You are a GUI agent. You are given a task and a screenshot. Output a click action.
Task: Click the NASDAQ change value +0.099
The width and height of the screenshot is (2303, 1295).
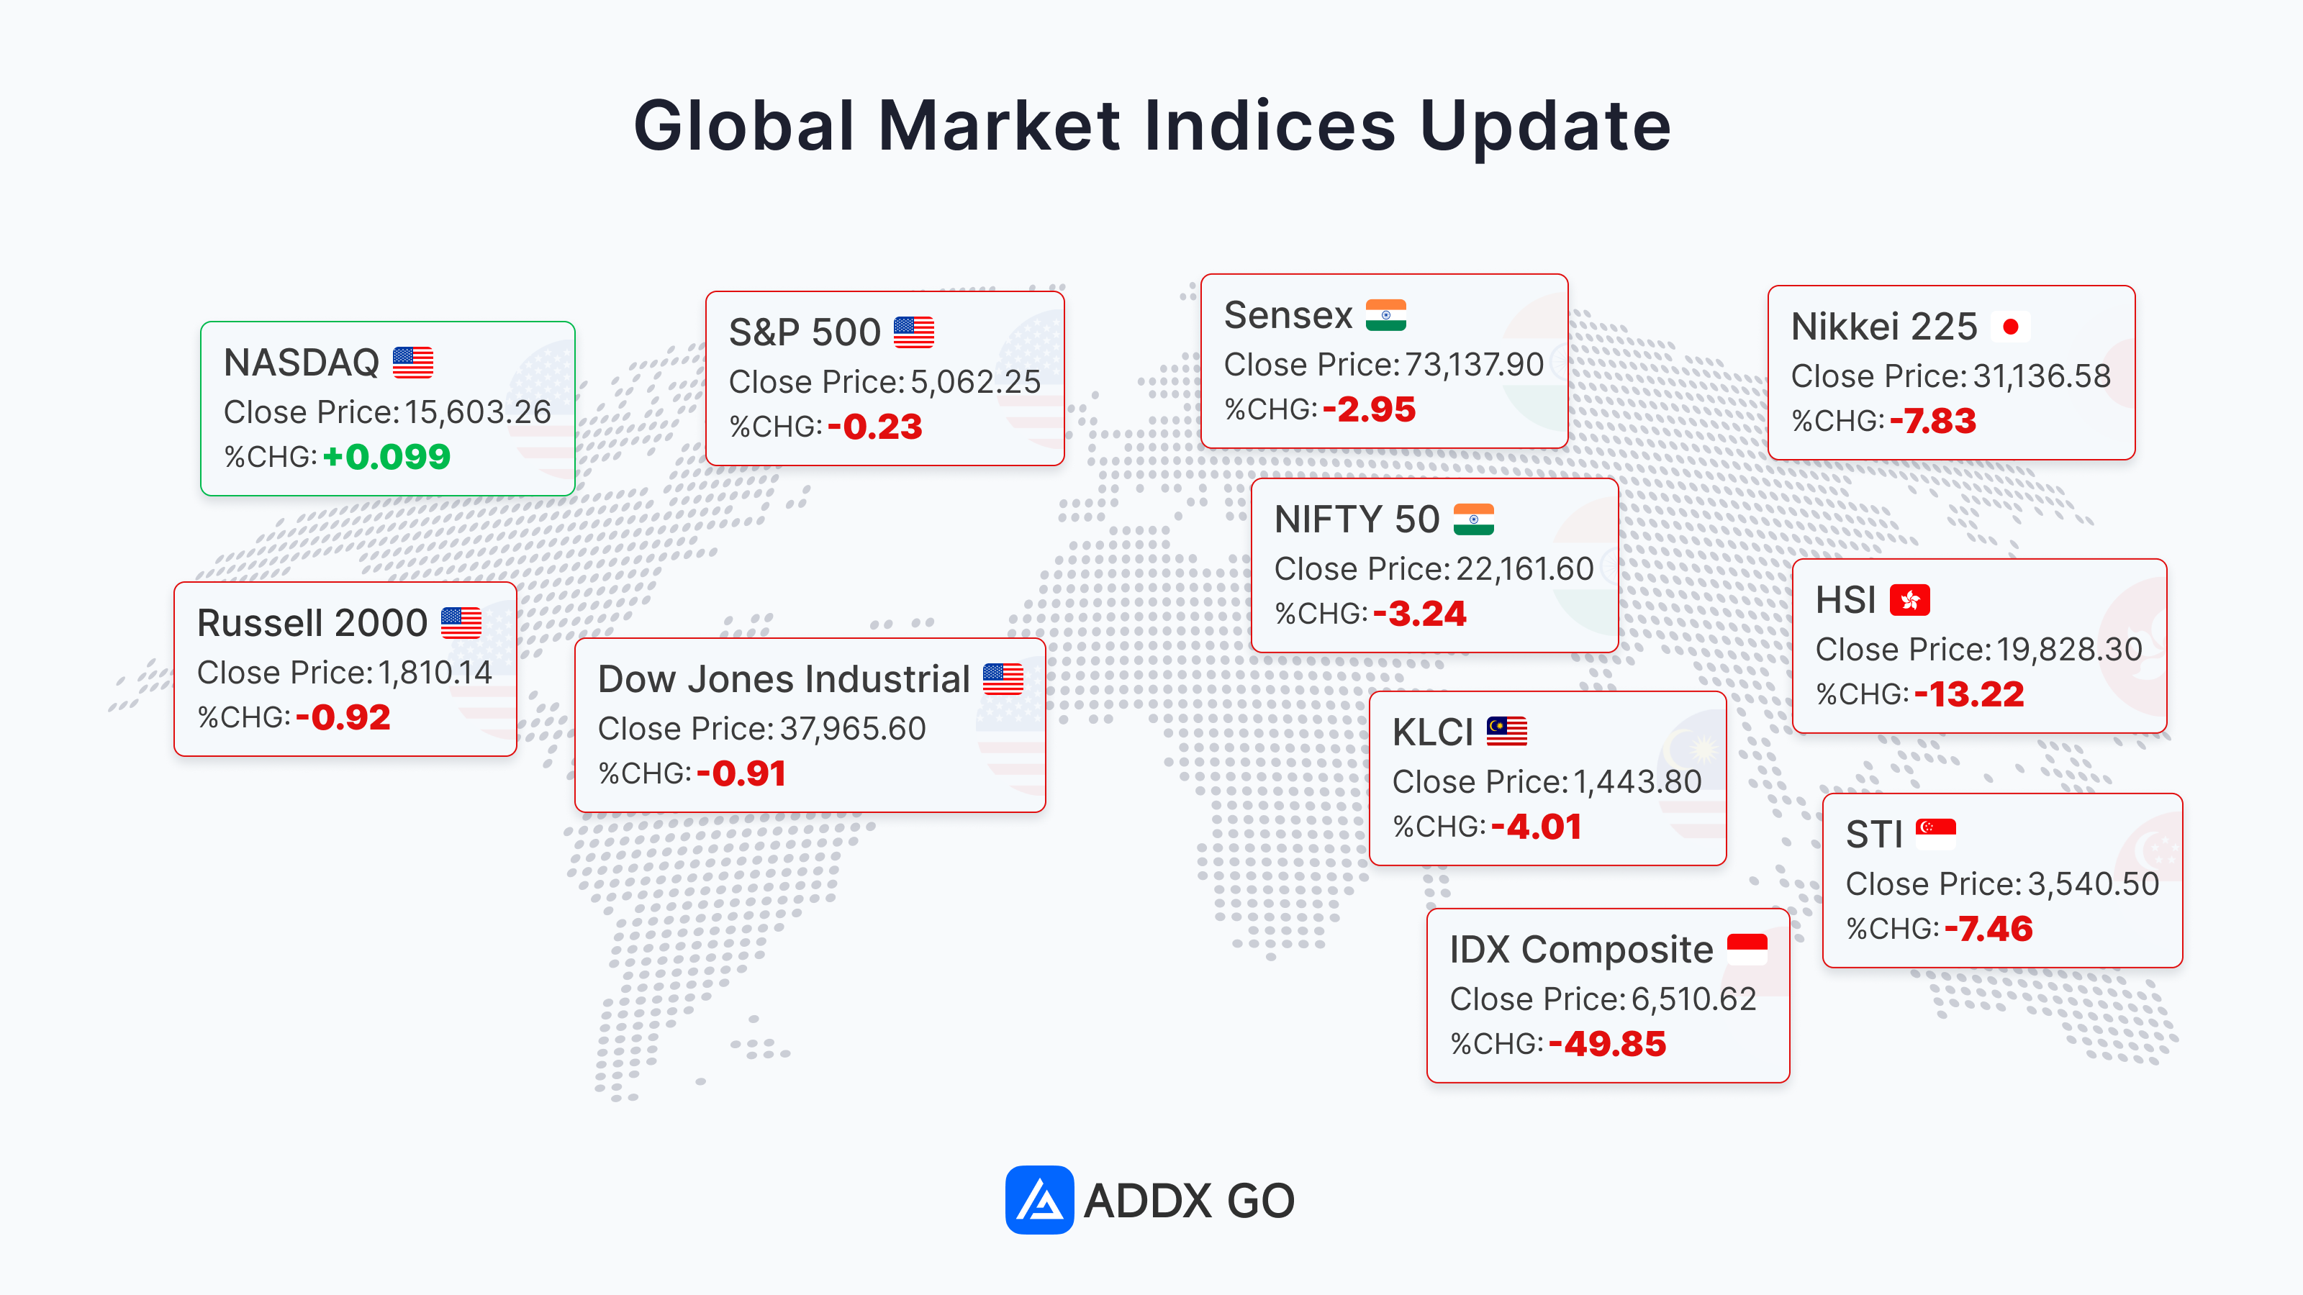[x=386, y=458]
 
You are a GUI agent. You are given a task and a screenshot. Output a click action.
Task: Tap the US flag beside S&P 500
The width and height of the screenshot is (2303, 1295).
[x=914, y=332]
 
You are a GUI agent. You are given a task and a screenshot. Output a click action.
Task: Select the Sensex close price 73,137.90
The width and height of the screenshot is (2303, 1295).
[x=1474, y=365]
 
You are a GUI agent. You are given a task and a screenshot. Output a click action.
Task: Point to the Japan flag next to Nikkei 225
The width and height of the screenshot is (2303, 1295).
[x=2011, y=327]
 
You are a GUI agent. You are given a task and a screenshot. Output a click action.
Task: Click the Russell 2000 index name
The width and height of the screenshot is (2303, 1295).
[x=312, y=623]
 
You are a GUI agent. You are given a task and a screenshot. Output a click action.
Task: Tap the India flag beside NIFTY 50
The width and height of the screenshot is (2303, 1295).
[x=1473, y=519]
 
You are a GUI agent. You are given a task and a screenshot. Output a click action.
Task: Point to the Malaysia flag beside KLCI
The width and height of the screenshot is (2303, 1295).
[x=1506, y=732]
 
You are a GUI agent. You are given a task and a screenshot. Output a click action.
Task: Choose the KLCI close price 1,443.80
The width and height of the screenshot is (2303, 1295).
[x=1638, y=782]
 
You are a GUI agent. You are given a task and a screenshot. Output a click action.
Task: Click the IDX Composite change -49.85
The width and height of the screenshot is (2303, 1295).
[x=1608, y=1044]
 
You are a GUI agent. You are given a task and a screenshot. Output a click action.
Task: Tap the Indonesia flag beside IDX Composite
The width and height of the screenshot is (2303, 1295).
[x=1747, y=949]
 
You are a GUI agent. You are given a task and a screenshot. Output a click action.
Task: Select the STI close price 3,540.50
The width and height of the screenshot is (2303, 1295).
[x=2093, y=884]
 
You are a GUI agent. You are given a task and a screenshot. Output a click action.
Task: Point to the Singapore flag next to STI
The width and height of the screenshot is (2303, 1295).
[x=1935, y=835]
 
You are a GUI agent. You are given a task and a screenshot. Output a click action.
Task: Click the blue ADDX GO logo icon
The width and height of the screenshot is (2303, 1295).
[x=1039, y=1199]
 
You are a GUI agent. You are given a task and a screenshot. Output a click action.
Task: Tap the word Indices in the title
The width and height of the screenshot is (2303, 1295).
[x=1270, y=125]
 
